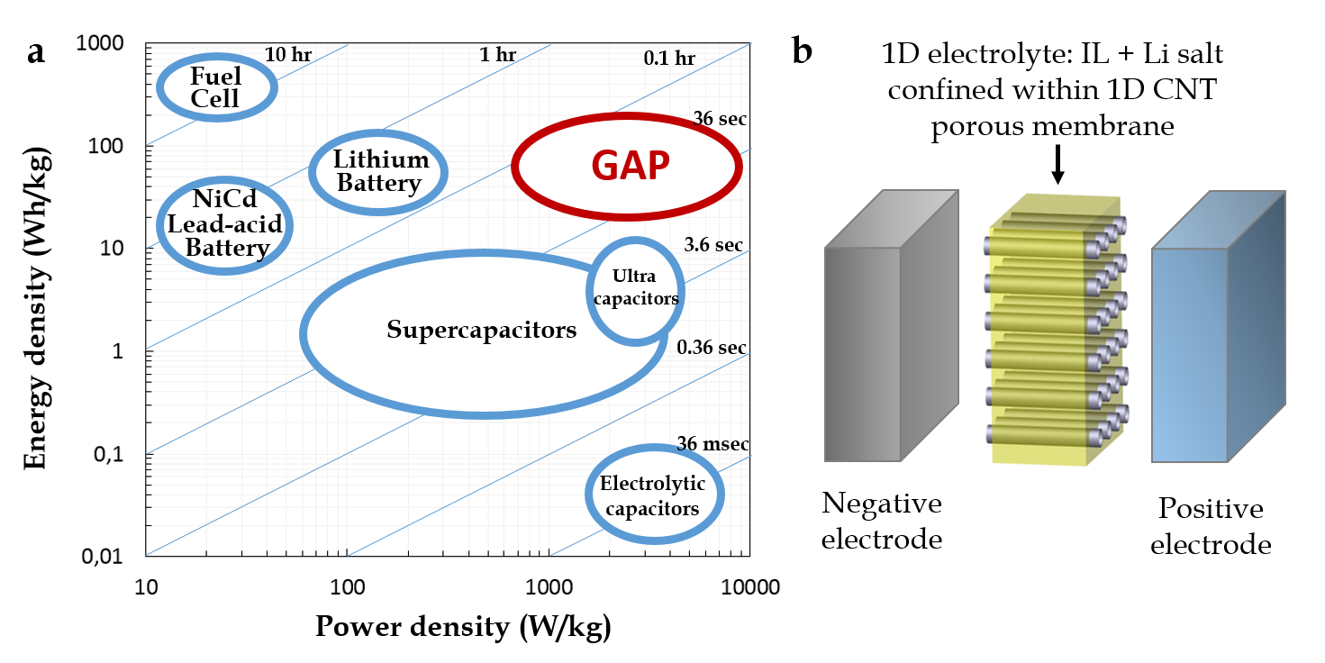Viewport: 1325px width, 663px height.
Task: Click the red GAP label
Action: click(631, 167)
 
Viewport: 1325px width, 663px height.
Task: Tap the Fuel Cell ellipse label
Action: click(216, 87)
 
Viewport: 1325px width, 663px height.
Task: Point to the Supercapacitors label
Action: click(481, 330)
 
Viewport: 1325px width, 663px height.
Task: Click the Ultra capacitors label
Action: click(636, 291)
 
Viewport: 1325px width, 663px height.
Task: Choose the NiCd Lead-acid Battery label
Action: click(224, 223)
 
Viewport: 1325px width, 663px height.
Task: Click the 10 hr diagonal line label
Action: click(287, 54)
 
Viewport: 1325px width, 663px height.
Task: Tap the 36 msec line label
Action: click(712, 443)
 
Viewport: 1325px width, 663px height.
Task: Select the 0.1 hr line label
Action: click(669, 59)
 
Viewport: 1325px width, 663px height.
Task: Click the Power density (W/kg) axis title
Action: click(463, 627)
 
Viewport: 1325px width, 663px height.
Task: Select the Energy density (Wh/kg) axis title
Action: click(37, 300)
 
